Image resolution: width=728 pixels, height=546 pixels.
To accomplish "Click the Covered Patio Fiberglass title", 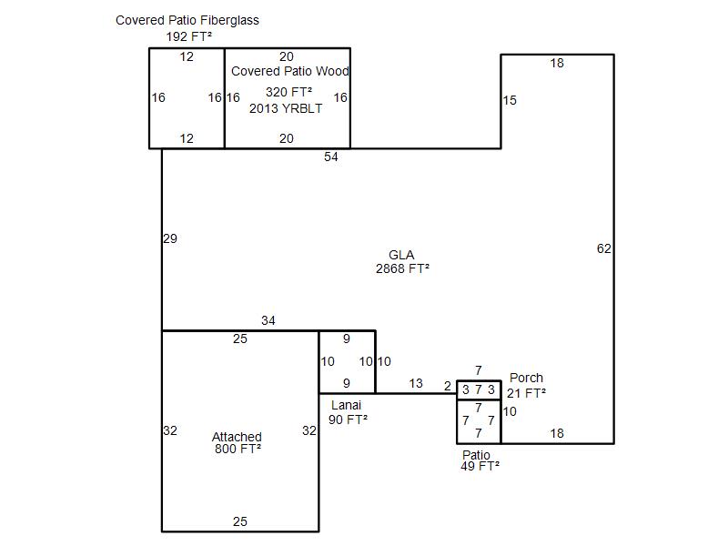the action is pos(187,20).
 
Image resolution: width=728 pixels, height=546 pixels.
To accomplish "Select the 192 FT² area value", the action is pos(189,36).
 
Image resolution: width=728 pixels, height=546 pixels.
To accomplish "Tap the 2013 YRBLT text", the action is pos(286,108).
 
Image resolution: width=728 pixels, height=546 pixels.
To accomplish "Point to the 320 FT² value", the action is pos(288,92).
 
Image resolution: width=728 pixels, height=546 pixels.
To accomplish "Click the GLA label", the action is pos(401,255).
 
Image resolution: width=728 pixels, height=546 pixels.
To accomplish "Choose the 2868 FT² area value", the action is pos(402,268).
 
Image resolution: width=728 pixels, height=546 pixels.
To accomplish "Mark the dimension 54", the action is pos(330,157).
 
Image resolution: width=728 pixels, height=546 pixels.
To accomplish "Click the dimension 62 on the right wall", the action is pos(603,248).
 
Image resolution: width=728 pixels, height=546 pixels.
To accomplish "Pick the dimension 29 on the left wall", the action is pos(170,238).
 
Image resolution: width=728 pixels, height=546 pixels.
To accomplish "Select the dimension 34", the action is pos(268,320).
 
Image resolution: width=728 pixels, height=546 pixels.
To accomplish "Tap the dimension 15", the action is pos(510,100).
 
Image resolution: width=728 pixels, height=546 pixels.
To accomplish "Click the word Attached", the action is pos(237,437).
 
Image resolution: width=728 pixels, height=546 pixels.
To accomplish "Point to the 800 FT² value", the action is pos(238,449).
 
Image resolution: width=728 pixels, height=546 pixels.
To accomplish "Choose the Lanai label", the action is pos(346,405).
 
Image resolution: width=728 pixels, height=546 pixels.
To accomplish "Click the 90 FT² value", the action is pos(348,420).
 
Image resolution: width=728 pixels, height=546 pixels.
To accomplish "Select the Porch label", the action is pos(526,378).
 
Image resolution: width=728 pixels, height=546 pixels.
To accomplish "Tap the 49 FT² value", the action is pos(480,466).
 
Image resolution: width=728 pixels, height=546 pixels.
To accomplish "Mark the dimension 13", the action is pos(416,383).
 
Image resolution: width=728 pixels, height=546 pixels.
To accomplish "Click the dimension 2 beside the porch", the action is pos(447,386).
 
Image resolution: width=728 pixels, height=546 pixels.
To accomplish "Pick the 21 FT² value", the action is pos(526,393).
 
